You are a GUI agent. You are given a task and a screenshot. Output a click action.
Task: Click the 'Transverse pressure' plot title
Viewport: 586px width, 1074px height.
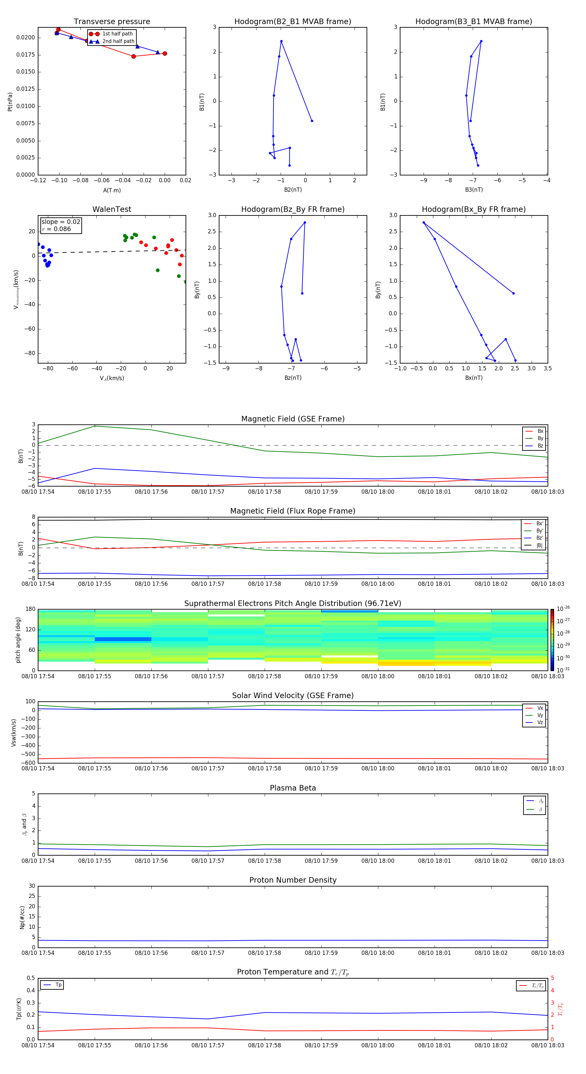[x=112, y=22]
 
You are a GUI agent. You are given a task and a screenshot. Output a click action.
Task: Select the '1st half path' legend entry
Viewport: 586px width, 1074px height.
[x=117, y=34]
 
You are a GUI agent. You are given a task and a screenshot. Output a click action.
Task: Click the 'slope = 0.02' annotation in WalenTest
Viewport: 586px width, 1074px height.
[x=61, y=222]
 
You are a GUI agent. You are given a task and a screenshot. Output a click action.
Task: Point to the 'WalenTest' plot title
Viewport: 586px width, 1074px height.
[x=112, y=209]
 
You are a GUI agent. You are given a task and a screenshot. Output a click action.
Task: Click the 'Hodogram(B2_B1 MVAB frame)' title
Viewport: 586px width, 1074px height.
[x=292, y=22]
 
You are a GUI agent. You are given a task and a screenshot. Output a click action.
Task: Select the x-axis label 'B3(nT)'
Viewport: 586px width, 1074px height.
[x=474, y=190]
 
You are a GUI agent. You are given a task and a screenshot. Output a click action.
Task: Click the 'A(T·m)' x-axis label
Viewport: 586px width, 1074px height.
[x=112, y=190]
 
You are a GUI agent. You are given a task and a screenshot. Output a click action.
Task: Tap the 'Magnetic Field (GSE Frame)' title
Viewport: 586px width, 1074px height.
[x=293, y=419]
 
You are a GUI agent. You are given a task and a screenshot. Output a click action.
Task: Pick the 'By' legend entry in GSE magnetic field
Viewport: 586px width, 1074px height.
[x=540, y=438]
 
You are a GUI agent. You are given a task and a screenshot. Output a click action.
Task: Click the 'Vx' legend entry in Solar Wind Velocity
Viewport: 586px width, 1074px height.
[x=540, y=708]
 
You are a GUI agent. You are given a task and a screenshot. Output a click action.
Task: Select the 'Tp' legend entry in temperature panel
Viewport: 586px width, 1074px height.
[x=58, y=985]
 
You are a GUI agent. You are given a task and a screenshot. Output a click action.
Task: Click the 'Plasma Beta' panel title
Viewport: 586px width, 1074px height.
[x=293, y=788]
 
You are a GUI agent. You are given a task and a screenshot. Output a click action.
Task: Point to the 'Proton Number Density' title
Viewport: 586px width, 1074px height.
[x=293, y=880]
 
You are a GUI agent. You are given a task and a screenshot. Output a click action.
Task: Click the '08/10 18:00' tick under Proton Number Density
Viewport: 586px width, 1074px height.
[x=377, y=953]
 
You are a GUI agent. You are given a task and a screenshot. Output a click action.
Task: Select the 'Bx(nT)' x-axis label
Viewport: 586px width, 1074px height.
[x=474, y=378]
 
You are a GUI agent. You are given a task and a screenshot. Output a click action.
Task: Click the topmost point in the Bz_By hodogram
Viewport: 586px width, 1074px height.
[x=305, y=223]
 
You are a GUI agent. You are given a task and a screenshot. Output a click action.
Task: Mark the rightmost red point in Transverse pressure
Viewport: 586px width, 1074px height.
[x=165, y=54]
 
